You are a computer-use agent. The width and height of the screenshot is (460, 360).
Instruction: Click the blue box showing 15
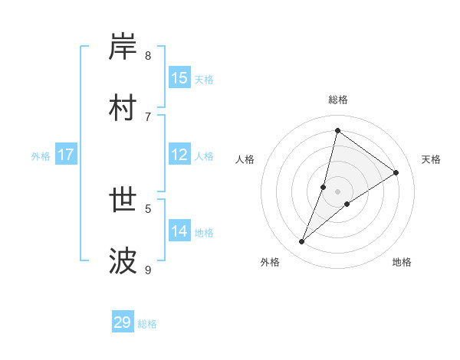pos(179,78)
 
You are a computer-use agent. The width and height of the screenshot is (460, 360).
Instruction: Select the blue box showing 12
pos(179,155)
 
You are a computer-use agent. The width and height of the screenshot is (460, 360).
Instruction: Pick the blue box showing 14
pos(179,231)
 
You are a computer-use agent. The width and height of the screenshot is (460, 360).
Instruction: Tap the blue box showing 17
pos(66,155)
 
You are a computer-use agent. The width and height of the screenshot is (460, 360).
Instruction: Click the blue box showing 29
pos(123,322)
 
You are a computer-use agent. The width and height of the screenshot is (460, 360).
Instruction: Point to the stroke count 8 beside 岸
pos(148,56)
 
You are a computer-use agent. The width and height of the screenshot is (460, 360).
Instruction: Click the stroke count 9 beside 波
pos(148,270)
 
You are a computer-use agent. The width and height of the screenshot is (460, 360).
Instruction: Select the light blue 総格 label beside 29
pos(148,324)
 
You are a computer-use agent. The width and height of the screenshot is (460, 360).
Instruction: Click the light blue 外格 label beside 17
pos(41,156)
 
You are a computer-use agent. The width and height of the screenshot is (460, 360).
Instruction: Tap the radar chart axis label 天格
pos(431,159)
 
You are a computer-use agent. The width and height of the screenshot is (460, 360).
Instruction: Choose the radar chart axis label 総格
pos(337,100)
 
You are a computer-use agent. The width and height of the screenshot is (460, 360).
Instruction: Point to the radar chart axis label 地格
pos(402,262)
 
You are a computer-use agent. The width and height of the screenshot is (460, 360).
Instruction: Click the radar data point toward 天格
pos(396,173)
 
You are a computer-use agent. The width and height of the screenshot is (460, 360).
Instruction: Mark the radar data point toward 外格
pos(302,242)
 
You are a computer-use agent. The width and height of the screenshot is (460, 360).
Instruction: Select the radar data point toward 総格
pos(337,130)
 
